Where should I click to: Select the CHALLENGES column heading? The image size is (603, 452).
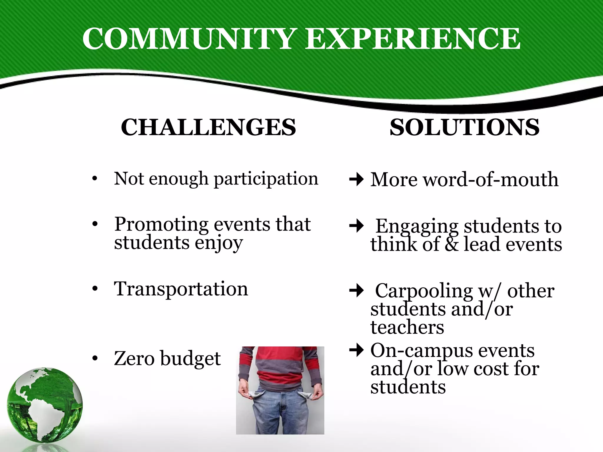click(208, 127)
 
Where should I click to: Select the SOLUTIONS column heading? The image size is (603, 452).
click(465, 127)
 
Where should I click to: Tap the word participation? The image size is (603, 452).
click(266, 179)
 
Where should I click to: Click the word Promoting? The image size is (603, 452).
click(161, 224)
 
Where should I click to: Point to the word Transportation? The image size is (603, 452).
click(181, 289)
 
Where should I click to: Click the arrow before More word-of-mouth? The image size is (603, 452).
click(357, 179)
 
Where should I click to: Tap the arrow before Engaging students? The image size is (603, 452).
click(357, 226)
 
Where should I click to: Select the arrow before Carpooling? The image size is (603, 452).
click(357, 291)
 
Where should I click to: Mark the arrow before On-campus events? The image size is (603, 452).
click(357, 350)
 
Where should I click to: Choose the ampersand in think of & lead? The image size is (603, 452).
click(452, 244)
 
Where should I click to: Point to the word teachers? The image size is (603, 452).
click(407, 327)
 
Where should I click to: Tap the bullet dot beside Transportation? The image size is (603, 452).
click(95, 289)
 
